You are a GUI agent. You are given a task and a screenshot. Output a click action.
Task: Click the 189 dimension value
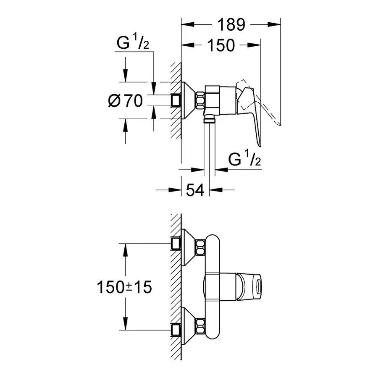click(231, 25)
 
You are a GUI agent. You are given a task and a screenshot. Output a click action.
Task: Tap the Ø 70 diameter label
click(125, 100)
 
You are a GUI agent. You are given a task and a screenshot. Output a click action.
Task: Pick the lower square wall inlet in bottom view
click(176, 330)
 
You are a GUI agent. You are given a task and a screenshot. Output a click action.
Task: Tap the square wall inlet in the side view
click(176, 100)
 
